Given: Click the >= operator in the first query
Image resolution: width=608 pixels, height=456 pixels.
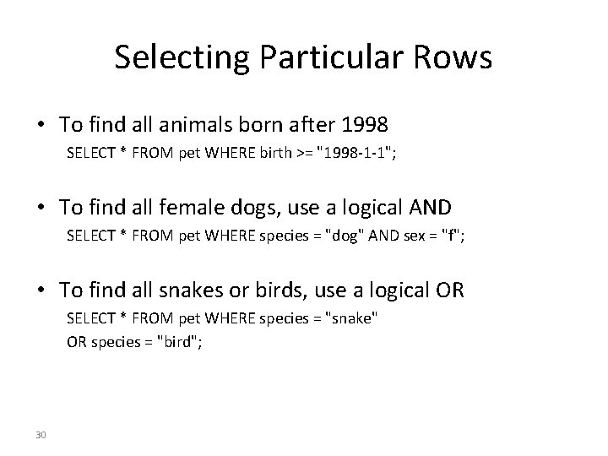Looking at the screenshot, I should pyautogui.click(x=303, y=155).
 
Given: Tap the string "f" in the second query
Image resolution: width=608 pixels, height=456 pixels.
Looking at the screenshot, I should pyautogui.click(x=453, y=238).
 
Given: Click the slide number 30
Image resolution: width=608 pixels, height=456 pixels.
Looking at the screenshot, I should pyautogui.click(x=42, y=435).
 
